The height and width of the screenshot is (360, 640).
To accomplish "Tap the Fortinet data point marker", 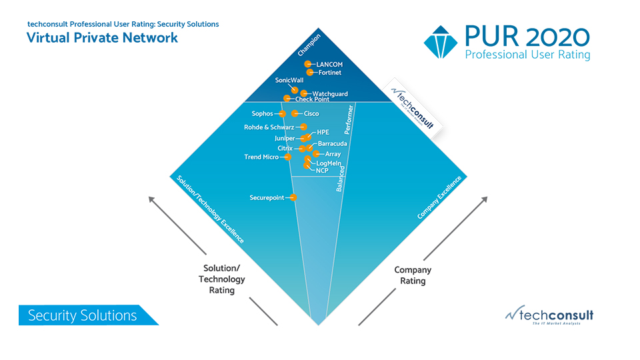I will (x=309, y=72).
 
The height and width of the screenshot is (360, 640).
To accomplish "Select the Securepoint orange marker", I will (x=293, y=197).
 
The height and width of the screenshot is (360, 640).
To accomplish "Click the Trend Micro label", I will (x=261, y=157).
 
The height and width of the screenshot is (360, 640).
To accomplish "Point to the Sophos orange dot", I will (x=283, y=114).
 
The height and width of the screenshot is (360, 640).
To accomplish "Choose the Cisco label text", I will (x=311, y=114).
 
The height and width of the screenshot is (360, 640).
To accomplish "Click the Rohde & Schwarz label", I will (x=269, y=127).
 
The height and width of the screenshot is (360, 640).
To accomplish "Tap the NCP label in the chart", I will (x=322, y=171).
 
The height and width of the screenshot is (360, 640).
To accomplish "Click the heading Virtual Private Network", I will (x=102, y=37).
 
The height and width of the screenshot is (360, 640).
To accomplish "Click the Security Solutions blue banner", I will (x=83, y=315).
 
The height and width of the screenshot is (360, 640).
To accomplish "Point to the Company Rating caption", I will (x=413, y=275).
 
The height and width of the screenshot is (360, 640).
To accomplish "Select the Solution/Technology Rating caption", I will (x=222, y=279).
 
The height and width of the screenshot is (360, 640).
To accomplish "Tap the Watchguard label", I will (x=327, y=93).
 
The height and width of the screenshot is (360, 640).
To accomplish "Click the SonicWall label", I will (x=289, y=80).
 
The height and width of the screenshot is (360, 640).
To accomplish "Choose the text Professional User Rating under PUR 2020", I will (x=527, y=55).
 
